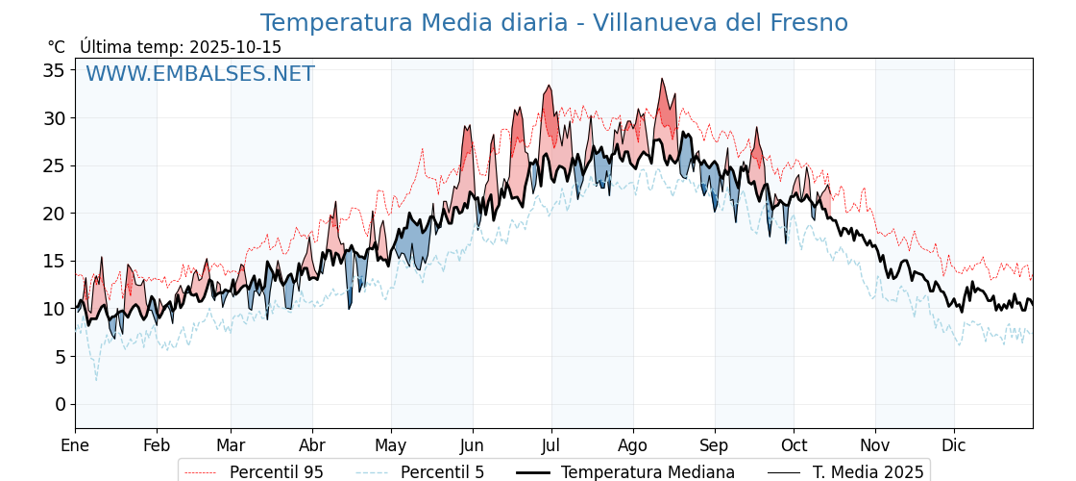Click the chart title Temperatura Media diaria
(553, 23)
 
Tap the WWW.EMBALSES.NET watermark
(200, 74)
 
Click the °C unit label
(56, 47)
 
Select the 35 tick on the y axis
(53, 70)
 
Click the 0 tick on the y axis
(60, 404)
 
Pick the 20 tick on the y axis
(53, 214)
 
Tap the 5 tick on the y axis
(60, 357)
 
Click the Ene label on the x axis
(75, 445)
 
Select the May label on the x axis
(391, 445)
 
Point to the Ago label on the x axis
(632, 445)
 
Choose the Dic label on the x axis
(954, 445)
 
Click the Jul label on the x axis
(551, 445)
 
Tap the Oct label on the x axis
(794, 445)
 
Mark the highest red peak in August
(661, 80)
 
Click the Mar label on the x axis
(231, 445)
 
